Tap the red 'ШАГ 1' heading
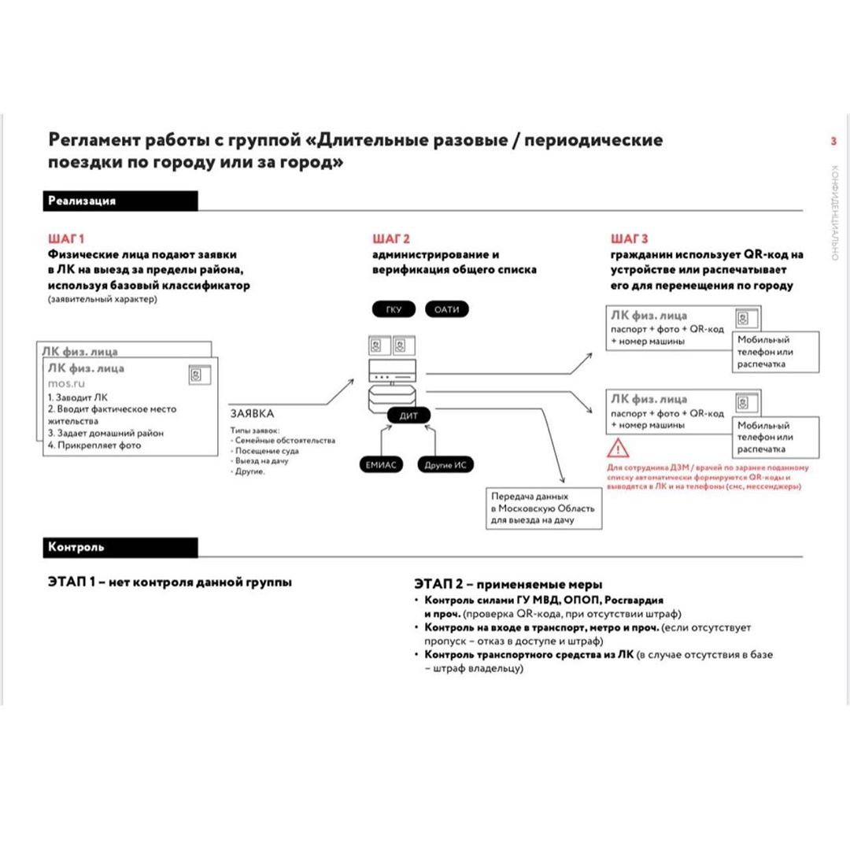(x=66, y=238)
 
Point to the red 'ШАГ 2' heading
(x=391, y=238)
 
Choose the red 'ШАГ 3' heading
(x=630, y=238)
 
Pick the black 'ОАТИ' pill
(x=446, y=309)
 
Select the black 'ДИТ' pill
(x=409, y=416)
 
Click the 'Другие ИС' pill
(x=445, y=465)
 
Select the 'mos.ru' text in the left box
(x=65, y=382)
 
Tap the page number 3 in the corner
(x=833, y=142)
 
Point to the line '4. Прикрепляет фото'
(x=94, y=445)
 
